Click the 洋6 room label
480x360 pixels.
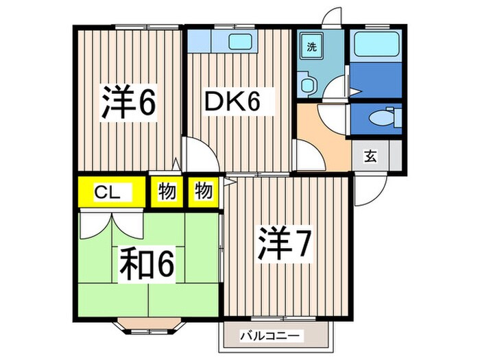[130, 102]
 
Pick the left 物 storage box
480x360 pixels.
[165, 192]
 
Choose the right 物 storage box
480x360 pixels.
[203, 192]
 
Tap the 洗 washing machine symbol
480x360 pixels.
[311, 48]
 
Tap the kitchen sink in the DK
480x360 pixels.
[238, 41]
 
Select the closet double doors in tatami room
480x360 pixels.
[110, 223]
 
